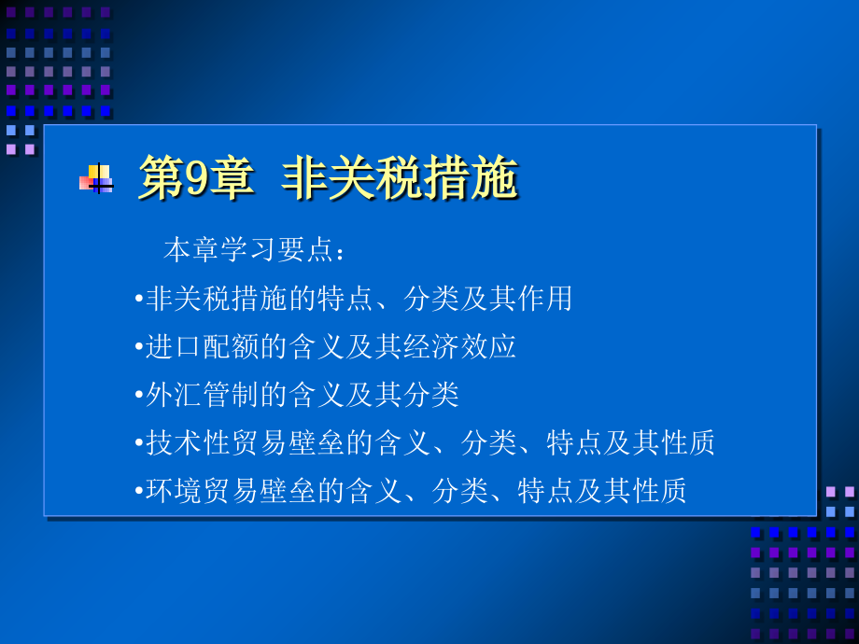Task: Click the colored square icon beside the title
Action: point(97,178)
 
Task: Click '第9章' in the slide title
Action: point(195,177)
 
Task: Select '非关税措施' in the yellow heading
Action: point(400,177)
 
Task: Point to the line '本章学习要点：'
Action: point(254,250)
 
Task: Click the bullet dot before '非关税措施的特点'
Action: point(139,300)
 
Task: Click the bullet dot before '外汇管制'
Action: point(139,396)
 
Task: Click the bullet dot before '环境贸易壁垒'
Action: point(139,491)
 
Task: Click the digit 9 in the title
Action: point(197,178)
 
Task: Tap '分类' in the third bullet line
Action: point(431,395)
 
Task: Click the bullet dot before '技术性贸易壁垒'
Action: point(139,443)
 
